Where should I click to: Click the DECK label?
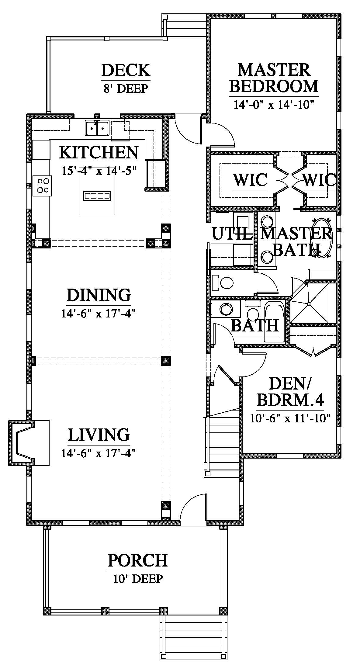[x=126, y=70]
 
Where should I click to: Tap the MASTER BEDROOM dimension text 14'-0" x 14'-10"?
[x=273, y=105]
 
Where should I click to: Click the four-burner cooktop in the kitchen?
[x=43, y=185]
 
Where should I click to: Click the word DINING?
[x=99, y=295]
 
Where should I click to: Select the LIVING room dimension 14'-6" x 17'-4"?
[x=98, y=453]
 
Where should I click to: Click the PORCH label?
[x=138, y=560]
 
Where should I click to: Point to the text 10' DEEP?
[x=138, y=579]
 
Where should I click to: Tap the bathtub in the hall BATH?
[x=274, y=322]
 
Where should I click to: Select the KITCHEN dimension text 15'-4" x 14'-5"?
[x=99, y=170]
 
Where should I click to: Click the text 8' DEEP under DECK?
[x=126, y=88]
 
